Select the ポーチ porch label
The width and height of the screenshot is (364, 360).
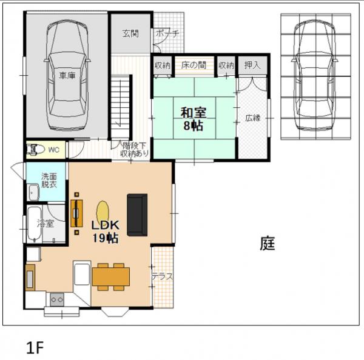[x=167, y=34]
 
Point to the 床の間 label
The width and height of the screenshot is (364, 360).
[x=194, y=65]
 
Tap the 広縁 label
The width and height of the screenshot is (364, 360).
[x=252, y=117]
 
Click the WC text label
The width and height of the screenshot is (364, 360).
[x=53, y=149]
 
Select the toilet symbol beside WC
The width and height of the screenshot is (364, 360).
[x=35, y=149]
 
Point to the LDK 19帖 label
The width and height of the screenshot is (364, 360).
[x=104, y=231]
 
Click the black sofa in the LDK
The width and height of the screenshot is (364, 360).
[x=137, y=215]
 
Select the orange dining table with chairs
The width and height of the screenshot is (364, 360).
[x=110, y=276]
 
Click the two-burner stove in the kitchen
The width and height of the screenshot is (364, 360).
[x=58, y=299]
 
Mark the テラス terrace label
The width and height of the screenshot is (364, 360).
[x=162, y=276]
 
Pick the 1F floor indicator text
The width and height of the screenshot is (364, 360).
[x=36, y=347]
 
